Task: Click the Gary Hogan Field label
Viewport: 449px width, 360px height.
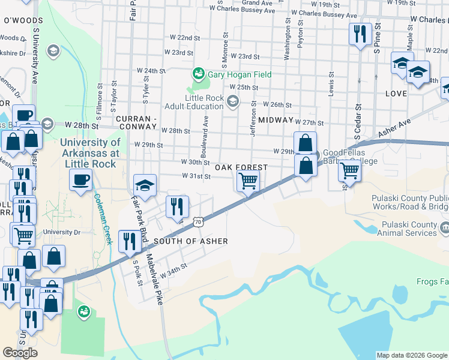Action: (x=240, y=74)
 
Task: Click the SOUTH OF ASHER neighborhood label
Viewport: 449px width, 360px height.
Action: (x=190, y=241)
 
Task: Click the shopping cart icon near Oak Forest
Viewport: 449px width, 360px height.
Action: (x=248, y=180)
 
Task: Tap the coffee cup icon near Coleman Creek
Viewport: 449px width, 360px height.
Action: (x=80, y=178)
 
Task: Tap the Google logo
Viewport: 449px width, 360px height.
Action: (x=20, y=353)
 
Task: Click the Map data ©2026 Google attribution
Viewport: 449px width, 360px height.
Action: (x=411, y=355)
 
